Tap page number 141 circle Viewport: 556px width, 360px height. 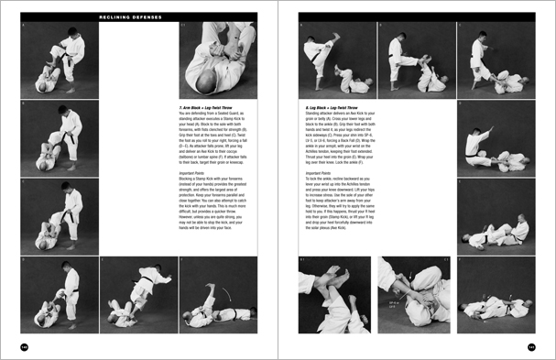click(x=530, y=346)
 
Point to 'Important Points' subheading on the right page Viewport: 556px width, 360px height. click(x=319, y=171)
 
